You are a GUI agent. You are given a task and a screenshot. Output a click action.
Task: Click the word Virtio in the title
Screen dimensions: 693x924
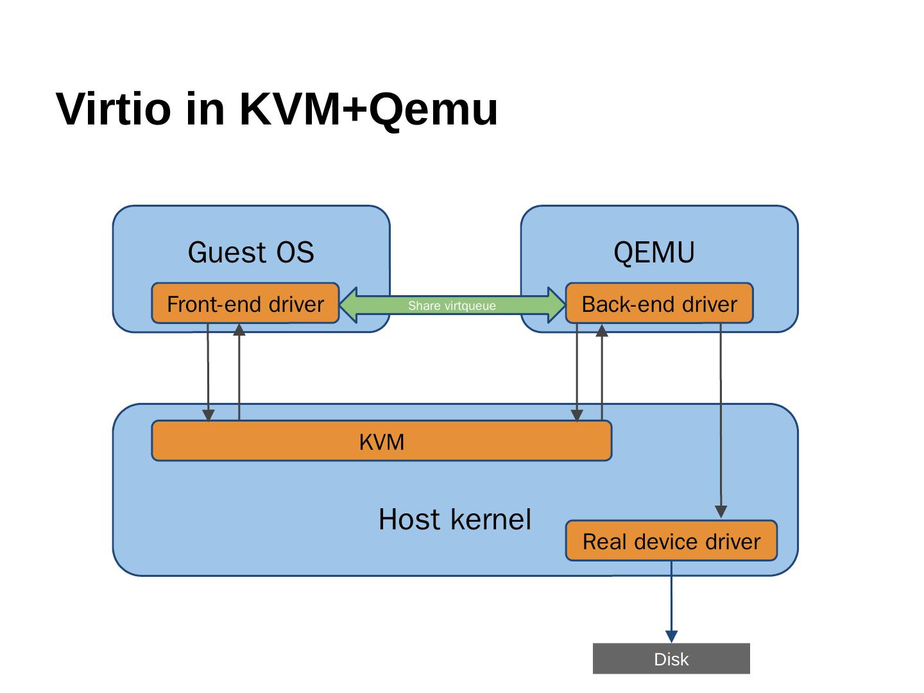tap(114, 109)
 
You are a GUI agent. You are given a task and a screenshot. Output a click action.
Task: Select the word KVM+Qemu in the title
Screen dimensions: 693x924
tap(368, 109)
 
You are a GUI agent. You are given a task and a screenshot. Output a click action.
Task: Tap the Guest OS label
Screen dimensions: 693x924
tap(251, 253)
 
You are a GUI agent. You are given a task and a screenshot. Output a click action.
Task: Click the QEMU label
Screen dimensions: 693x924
tap(654, 253)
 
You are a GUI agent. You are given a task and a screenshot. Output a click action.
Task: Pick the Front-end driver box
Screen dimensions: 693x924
tap(245, 304)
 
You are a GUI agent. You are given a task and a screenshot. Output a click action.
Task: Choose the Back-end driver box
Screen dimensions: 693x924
tap(659, 304)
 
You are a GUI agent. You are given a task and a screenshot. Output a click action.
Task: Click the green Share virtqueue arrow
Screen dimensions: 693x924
tap(452, 305)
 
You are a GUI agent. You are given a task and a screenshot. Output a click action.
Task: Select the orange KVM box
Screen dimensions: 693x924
tap(381, 441)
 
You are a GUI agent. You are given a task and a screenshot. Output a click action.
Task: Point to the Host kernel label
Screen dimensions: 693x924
tap(454, 520)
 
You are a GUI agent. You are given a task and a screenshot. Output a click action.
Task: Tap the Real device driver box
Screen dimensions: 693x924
tap(671, 542)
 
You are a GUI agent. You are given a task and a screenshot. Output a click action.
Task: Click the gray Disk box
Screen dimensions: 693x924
tap(671, 659)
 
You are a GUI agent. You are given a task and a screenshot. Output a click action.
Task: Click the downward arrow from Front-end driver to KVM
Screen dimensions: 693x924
tap(208, 372)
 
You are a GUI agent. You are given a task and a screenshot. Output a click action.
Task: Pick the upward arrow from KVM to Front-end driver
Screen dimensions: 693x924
tap(239, 372)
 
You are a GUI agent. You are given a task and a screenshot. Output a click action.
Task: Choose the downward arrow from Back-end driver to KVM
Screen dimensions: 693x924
tap(577, 372)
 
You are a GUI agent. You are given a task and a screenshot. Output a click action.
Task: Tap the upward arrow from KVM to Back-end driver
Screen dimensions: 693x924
tap(602, 372)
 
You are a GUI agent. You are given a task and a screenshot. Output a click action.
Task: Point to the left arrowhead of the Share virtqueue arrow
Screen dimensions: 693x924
tap(350, 305)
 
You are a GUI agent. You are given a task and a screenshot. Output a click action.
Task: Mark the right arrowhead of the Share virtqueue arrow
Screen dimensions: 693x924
tap(556, 305)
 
